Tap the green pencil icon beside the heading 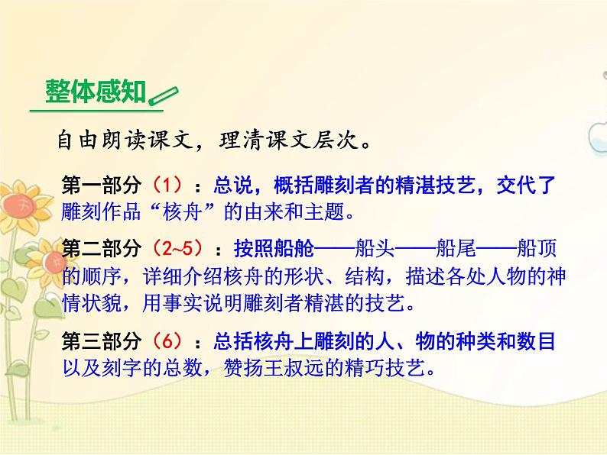coord(161,97)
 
